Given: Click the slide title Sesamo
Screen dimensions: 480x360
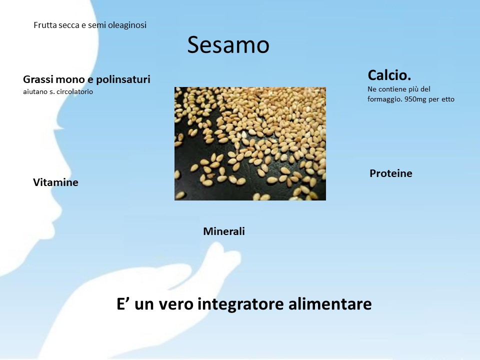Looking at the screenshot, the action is pos(228,44).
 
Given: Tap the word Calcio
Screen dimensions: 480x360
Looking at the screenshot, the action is pos(389,75).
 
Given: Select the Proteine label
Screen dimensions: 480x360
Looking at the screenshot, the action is pos(391,173).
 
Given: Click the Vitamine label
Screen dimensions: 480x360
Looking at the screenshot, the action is pos(55,182).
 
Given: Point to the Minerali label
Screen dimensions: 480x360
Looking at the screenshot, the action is pos(224,231).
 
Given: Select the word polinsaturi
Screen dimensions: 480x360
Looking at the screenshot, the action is pos(123,79).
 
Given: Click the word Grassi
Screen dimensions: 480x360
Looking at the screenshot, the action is pos(36,79).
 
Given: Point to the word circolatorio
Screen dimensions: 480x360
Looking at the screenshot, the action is pos(74,91).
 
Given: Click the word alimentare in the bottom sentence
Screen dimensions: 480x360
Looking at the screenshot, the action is pos(330,303).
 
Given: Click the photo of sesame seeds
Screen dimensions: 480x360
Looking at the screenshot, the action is pos(250,144).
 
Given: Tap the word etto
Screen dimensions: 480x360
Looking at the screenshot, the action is pos(448,99).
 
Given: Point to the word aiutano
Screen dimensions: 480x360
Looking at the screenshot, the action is pos(35,91).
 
